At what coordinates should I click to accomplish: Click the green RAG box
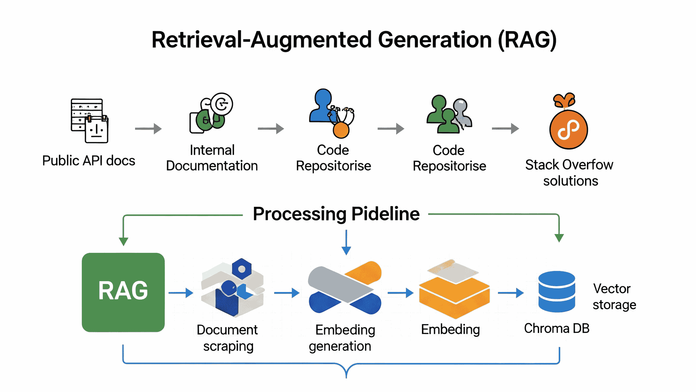click(x=123, y=292)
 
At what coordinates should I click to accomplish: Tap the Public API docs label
click(x=89, y=160)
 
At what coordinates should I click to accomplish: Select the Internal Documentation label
click(x=212, y=158)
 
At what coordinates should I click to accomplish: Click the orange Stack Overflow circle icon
click(x=569, y=129)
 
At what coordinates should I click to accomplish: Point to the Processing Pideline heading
click(x=336, y=214)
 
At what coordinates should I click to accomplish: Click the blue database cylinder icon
click(x=557, y=292)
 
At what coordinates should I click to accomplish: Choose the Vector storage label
click(x=614, y=297)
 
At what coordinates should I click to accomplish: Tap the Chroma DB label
click(x=557, y=328)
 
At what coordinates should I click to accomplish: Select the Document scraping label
click(x=227, y=338)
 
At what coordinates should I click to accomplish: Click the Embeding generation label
click(x=341, y=338)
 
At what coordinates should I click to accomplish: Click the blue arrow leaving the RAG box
click(x=181, y=293)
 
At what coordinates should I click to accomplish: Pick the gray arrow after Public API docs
click(x=148, y=129)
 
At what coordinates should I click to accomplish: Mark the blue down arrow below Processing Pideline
click(x=346, y=242)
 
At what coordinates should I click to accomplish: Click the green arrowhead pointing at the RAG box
click(x=123, y=242)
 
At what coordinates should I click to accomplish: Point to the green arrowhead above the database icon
click(x=559, y=238)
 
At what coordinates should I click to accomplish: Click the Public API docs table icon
click(x=89, y=121)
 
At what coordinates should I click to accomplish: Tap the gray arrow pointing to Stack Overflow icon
click(x=506, y=128)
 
